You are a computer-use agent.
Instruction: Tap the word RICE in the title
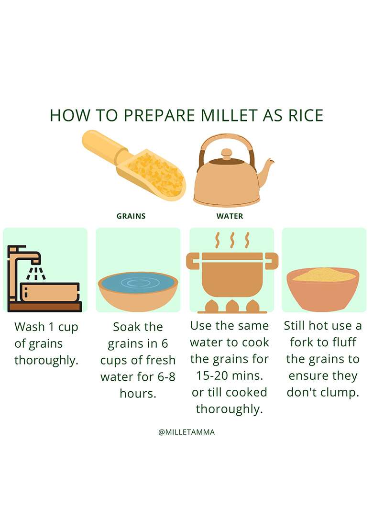tap(306, 115)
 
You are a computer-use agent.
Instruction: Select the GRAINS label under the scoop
tap(131, 216)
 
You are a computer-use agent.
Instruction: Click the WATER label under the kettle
tap(230, 216)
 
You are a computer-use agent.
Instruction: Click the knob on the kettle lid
tap(226, 153)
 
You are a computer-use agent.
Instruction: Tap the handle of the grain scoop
tap(103, 146)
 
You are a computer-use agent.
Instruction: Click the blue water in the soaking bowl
tap(138, 282)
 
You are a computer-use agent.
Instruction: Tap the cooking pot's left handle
tap(193, 261)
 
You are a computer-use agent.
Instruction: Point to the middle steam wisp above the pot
tap(232, 240)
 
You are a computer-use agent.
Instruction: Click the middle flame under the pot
tap(232, 306)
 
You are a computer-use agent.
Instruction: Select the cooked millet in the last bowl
tap(324, 275)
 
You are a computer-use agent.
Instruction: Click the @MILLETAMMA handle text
tap(186, 432)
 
